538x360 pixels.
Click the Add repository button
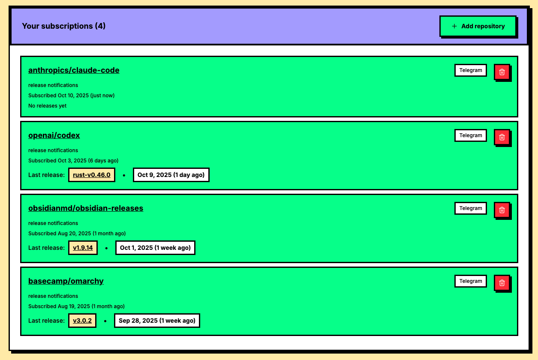pyautogui.click(x=478, y=26)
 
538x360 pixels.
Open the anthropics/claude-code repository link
pyautogui.click(x=74, y=70)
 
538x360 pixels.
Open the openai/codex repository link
pyautogui.click(x=54, y=135)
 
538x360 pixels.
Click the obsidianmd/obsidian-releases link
pyautogui.click(x=86, y=208)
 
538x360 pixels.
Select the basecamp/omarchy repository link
pyautogui.click(x=66, y=281)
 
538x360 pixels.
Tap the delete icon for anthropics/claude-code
pyautogui.click(x=502, y=72)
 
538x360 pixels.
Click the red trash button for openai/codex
pyautogui.click(x=502, y=137)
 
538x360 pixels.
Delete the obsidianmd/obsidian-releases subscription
pyautogui.click(x=502, y=210)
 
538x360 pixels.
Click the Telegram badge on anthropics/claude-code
pyautogui.click(x=471, y=70)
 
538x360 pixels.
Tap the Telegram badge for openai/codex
pyautogui.click(x=471, y=135)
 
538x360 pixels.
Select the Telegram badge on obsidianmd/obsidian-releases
pyautogui.click(x=471, y=208)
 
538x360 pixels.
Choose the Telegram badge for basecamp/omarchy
pyautogui.click(x=471, y=281)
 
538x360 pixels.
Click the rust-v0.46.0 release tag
pyautogui.click(x=92, y=175)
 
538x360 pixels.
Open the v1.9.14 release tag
pyautogui.click(x=83, y=248)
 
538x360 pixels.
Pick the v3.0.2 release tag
pyautogui.click(x=82, y=321)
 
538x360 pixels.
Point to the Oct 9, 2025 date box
pyautogui.click(x=171, y=175)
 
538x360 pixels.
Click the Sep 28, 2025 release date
pyautogui.click(x=157, y=321)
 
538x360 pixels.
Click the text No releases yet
pyautogui.click(x=48, y=106)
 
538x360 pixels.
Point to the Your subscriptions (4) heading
pyautogui.click(x=64, y=26)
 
